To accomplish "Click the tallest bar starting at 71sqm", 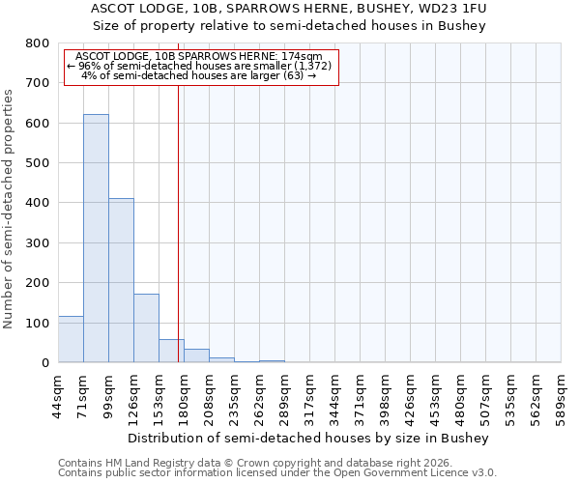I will click(96, 239).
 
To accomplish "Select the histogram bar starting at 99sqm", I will click(121, 280).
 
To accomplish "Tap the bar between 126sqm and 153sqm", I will click(146, 328).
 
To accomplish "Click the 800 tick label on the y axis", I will click(37, 43).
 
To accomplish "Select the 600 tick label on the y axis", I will click(37, 124).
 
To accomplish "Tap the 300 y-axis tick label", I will click(37, 243).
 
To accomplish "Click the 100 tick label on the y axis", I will click(37, 323).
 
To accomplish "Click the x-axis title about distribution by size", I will click(309, 438).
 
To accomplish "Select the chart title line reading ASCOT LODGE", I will click(289, 9).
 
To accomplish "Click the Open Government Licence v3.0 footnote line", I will click(277, 473).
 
